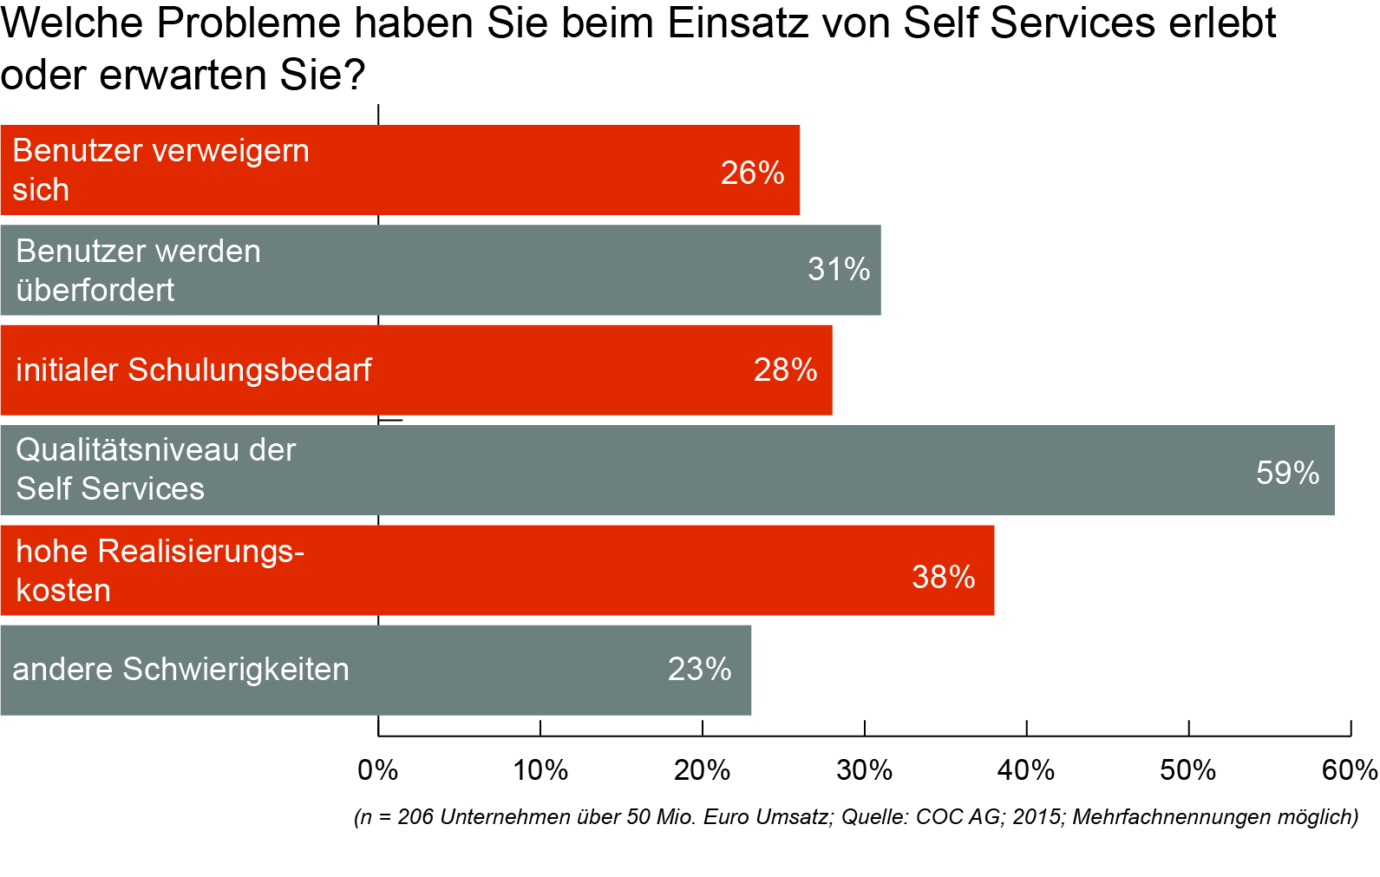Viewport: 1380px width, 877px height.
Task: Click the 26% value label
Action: point(752,173)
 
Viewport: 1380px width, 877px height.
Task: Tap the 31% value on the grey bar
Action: point(839,270)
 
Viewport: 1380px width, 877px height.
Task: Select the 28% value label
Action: point(785,370)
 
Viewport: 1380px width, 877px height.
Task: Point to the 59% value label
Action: point(1287,473)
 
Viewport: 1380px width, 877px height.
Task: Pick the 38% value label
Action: point(943,577)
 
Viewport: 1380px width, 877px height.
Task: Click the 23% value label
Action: point(699,670)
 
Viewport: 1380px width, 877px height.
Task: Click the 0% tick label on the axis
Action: point(378,770)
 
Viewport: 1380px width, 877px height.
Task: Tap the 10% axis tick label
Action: point(540,770)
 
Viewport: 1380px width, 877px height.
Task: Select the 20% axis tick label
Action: point(703,770)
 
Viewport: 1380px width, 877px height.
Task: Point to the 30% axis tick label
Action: point(865,770)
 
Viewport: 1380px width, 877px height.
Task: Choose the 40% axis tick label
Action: point(1026,770)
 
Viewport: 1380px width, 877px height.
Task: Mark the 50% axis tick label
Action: point(1188,770)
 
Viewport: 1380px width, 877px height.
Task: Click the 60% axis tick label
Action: point(1350,770)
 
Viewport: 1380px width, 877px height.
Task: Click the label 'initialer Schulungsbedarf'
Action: point(193,370)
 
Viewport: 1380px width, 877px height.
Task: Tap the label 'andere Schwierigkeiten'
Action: point(180,670)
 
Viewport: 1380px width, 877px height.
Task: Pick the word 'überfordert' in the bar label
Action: point(95,290)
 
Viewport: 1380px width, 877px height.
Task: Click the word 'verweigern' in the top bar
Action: point(234,151)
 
